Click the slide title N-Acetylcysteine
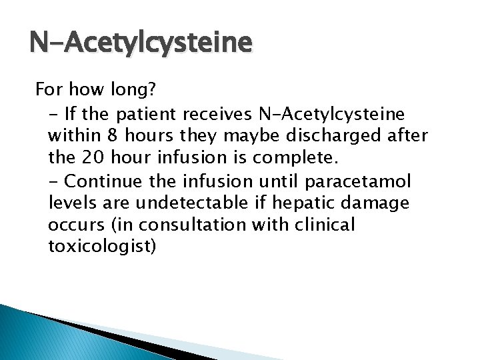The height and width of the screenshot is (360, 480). tap(141, 45)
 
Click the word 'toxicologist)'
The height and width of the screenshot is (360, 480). tap(103, 247)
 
